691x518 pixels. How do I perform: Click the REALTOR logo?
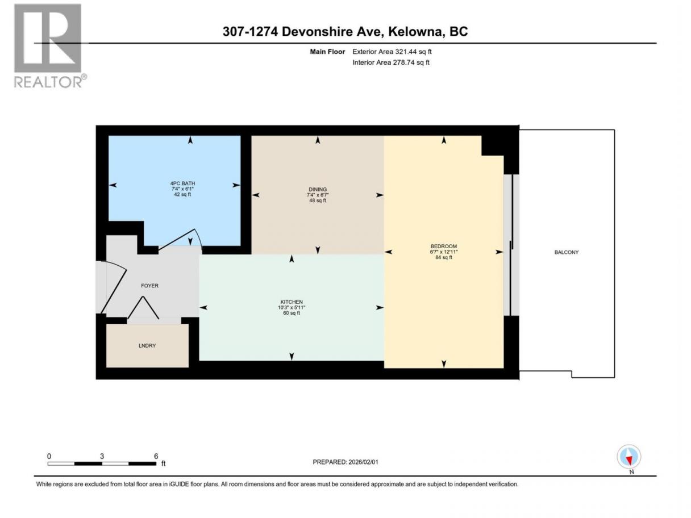click(x=50, y=45)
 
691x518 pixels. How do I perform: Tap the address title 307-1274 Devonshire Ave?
click(x=303, y=31)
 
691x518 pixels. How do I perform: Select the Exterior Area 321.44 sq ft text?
click(x=392, y=52)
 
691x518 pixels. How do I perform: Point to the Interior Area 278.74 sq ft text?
click(x=391, y=62)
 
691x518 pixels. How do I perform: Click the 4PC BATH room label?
click(x=182, y=183)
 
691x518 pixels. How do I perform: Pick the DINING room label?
click(x=318, y=189)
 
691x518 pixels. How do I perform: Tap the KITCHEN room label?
click(x=292, y=302)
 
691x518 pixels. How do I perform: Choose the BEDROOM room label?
click(x=444, y=247)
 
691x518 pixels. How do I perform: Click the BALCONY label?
click(x=567, y=252)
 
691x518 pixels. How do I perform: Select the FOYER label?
click(x=149, y=286)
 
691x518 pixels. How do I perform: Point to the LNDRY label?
click(x=147, y=346)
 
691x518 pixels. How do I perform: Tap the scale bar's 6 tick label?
click(x=156, y=456)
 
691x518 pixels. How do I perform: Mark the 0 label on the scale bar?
click(x=49, y=456)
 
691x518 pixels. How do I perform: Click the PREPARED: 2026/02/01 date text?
click(x=346, y=462)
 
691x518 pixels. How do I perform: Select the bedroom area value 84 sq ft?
click(x=444, y=257)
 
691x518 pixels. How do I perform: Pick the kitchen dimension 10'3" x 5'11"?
click(x=292, y=308)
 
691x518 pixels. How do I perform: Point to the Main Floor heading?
click(x=327, y=52)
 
